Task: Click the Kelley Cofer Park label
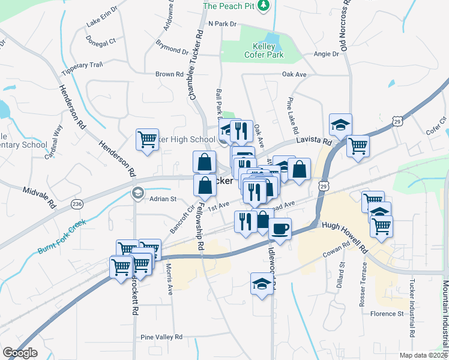264,50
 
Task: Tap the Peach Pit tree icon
263,6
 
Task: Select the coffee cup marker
280,228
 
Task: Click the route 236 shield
76,203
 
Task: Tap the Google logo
20,353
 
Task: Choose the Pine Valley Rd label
161,337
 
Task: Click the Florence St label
387,314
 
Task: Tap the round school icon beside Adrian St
137,193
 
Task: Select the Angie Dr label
327,54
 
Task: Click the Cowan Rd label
338,249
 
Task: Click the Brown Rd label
169,74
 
